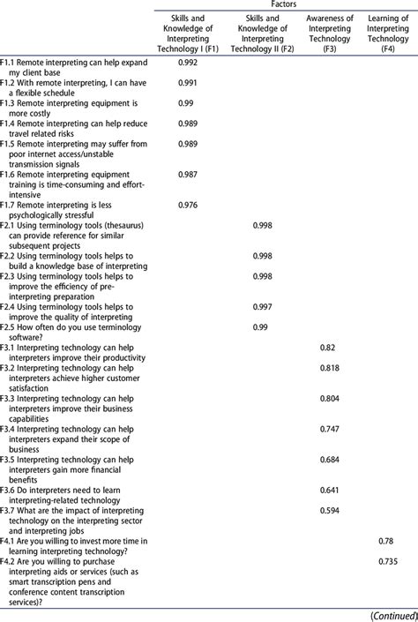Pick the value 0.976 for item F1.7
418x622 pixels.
(x=187, y=205)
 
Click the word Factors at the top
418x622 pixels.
(x=282, y=5)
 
